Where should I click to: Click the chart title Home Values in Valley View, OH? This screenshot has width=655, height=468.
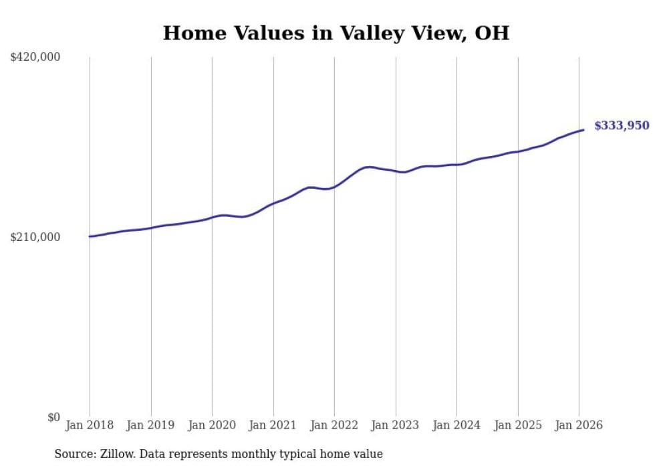[x=336, y=33]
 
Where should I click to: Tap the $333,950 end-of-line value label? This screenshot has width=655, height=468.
[x=622, y=125]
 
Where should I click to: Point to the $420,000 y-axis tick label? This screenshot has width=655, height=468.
[x=35, y=58]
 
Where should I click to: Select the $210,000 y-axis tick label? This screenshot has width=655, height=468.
[x=35, y=237]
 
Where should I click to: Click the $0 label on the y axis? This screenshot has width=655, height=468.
[x=53, y=417]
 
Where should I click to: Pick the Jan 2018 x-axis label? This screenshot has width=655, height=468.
[x=90, y=425]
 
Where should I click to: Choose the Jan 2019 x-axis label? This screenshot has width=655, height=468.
[x=150, y=425]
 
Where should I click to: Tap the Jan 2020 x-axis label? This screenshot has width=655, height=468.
[x=212, y=425]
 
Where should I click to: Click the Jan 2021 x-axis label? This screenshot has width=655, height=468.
[x=273, y=425]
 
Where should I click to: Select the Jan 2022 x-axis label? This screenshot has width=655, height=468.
[x=334, y=425]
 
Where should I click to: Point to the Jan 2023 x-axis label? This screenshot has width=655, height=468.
[x=395, y=425]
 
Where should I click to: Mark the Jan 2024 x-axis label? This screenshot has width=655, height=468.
[x=456, y=425]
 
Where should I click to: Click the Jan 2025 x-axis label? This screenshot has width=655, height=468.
[x=517, y=425]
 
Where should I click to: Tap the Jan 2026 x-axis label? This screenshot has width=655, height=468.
[x=579, y=425]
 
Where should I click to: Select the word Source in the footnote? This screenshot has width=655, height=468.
[x=72, y=454]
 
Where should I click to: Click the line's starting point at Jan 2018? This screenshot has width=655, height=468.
[x=90, y=236]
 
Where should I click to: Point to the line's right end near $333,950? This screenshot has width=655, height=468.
[x=583, y=130]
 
